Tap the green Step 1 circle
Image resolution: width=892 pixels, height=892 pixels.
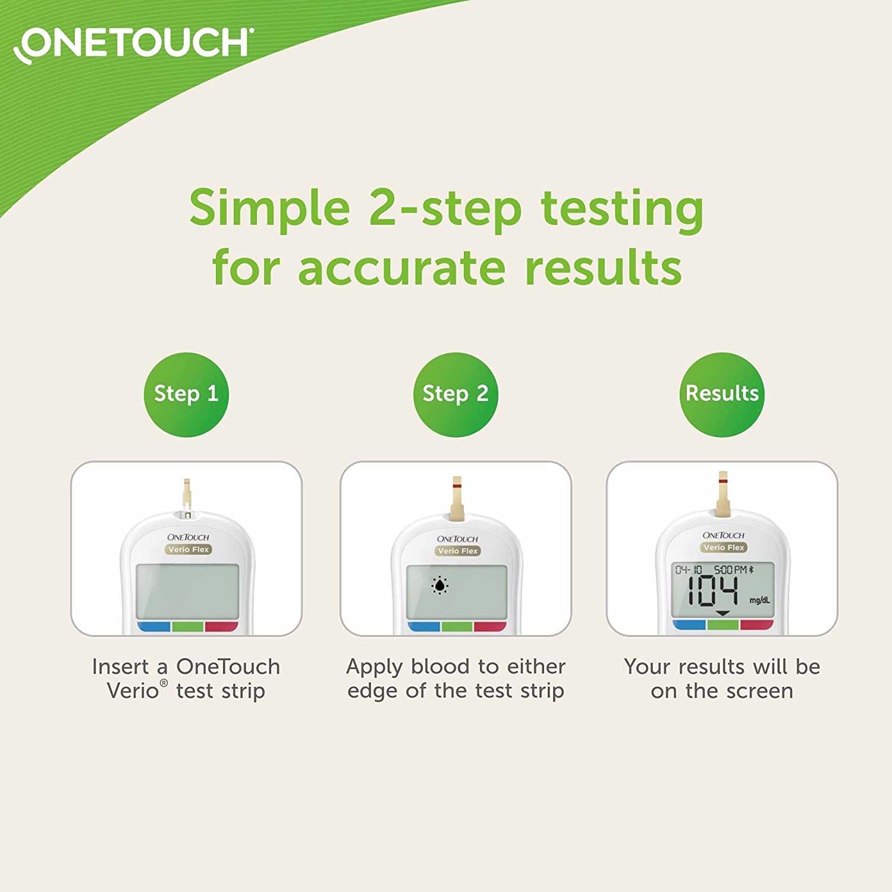186,394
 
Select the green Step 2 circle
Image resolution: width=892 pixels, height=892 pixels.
456,394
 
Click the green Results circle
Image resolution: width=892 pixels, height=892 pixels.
722,394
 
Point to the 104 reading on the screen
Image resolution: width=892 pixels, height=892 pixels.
712,592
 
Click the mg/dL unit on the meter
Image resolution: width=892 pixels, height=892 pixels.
759,600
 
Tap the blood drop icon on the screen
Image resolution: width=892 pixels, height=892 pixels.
439,586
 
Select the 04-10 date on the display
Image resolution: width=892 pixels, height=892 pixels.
689,570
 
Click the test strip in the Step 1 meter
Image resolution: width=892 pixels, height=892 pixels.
187,494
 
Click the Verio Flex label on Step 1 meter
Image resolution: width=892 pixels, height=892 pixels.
188,549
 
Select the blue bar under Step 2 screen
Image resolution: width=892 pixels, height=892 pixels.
424,626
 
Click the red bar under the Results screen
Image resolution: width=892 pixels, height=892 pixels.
756,624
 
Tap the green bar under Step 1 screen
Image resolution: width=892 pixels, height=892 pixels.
187,626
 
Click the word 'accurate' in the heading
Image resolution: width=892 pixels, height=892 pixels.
402,268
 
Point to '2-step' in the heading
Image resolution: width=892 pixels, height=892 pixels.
445,208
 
